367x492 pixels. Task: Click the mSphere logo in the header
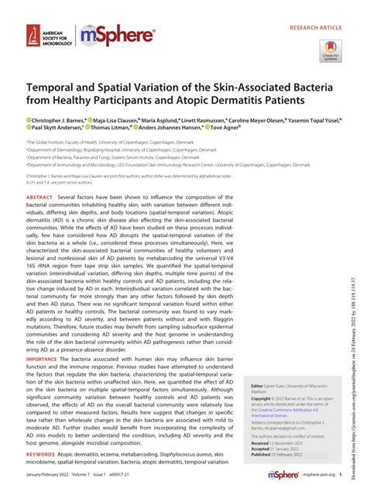tap(118, 36)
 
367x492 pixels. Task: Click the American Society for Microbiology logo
tap(48, 36)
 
